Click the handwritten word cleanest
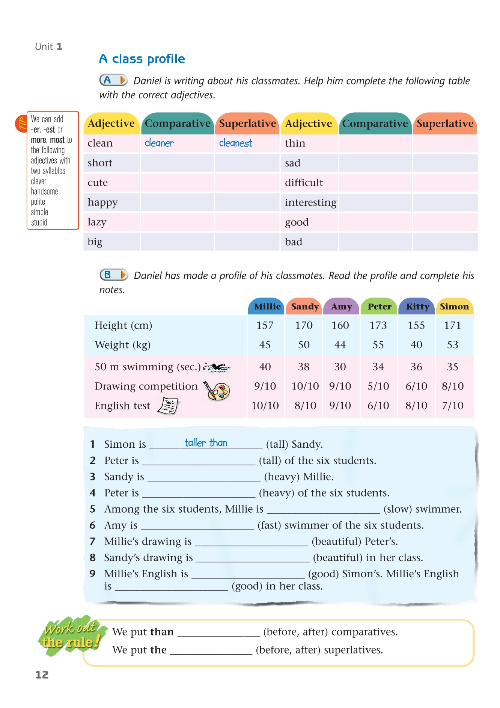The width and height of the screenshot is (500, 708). pyautogui.click(x=235, y=143)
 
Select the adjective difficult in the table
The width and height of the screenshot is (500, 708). pyautogui.click(x=304, y=183)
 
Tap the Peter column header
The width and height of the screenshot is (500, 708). pyautogui.click(x=379, y=306)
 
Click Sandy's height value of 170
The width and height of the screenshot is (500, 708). pyautogui.click(x=304, y=325)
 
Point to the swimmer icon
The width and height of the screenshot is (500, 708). pyautogui.click(x=217, y=367)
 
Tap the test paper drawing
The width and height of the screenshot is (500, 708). pyautogui.click(x=169, y=406)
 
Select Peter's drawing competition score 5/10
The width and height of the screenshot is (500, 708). pyautogui.click(x=378, y=386)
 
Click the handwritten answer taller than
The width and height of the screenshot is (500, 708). pyautogui.click(x=206, y=443)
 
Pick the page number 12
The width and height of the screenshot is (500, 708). pyautogui.click(x=42, y=675)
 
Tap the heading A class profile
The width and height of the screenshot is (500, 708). pyautogui.click(x=142, y=59)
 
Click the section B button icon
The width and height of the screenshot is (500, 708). pyautogui.click(x=114, y=275)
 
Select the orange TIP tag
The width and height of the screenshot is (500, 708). pyautogui.click(x=21, y=124)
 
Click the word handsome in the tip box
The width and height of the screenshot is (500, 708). pyautogui.click(x=44, y=192)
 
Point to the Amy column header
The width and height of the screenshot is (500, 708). pyautogui.click(x=341, y=306)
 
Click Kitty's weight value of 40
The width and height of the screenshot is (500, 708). pyautogui.click(x=416, y=345)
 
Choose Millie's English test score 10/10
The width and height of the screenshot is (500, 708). pyautogui.click(x=265, y=406)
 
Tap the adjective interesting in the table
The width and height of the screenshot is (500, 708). pyautogui.click(x=310, y=202)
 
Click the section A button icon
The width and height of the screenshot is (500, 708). pyautogui.click(x=113, y=80)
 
